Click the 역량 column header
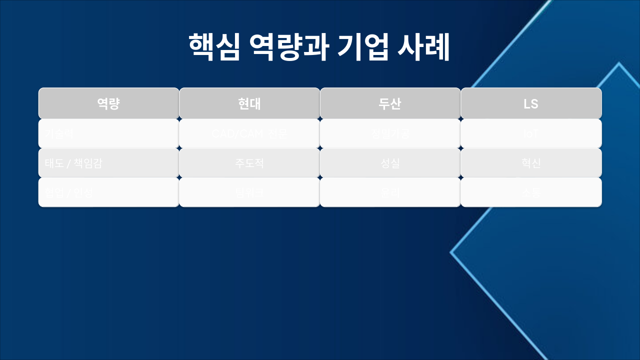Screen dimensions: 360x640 click(108, 103)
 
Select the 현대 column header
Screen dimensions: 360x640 click(249, 103)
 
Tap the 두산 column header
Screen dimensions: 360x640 click(390, 103)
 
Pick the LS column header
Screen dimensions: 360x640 click(531, 103)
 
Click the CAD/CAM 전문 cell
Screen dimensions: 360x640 click(249, 133)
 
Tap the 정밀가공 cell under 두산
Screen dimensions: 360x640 click(390, 133)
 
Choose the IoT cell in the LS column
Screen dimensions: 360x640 click(531, 133)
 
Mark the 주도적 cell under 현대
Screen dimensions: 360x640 click(249, 163)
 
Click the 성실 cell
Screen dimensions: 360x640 click(390, 163)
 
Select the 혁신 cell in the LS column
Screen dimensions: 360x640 click(531, 163)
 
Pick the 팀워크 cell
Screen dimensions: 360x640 click(249, 192)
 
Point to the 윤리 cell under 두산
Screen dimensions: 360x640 click(390, 192)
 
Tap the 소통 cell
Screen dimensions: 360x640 click(531, 192)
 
